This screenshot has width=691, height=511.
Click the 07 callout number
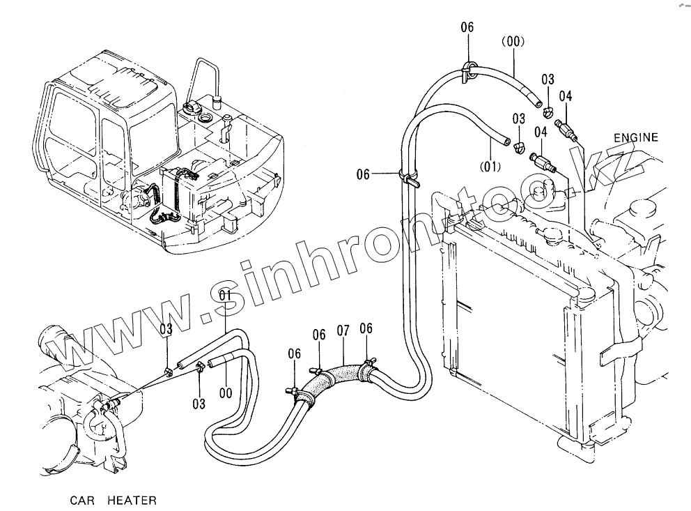tap(342, 330)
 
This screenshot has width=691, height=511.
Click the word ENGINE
tap(635, 137)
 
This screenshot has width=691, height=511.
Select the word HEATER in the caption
tap(132, 500)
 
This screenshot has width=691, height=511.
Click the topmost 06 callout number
tap(467, 27)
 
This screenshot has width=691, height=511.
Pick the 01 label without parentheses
tap(225, 296)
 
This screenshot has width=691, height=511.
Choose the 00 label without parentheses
tap(225, 393)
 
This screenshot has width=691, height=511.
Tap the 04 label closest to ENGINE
tap(565, 96)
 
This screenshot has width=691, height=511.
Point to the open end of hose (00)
tap(538, 105)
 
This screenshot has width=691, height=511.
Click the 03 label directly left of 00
tap(199, 404)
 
